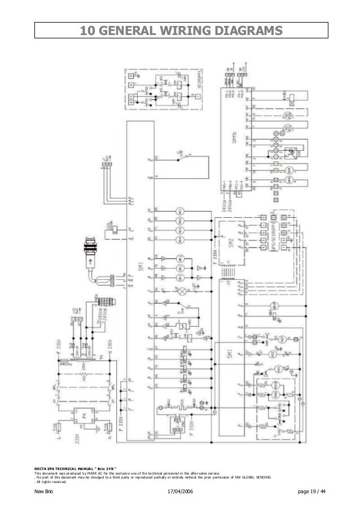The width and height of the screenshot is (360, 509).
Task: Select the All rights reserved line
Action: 51,482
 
